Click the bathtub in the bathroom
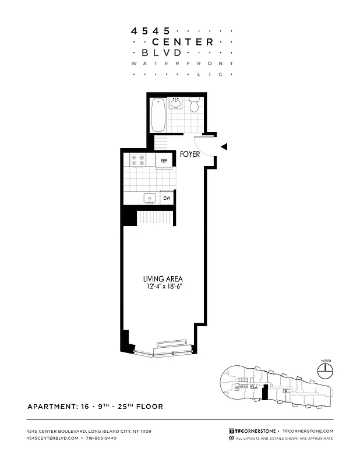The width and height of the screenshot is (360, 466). [157, 115]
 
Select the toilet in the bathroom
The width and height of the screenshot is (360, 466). [195, 105]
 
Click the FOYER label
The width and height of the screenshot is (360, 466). [190, 154]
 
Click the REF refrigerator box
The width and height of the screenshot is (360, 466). [164, 161]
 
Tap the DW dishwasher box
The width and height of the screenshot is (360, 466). [167, 199]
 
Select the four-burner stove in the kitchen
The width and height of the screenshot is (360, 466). [138, 160]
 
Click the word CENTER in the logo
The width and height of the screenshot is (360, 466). [174, 41]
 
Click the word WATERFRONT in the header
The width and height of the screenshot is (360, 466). [182, 63]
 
